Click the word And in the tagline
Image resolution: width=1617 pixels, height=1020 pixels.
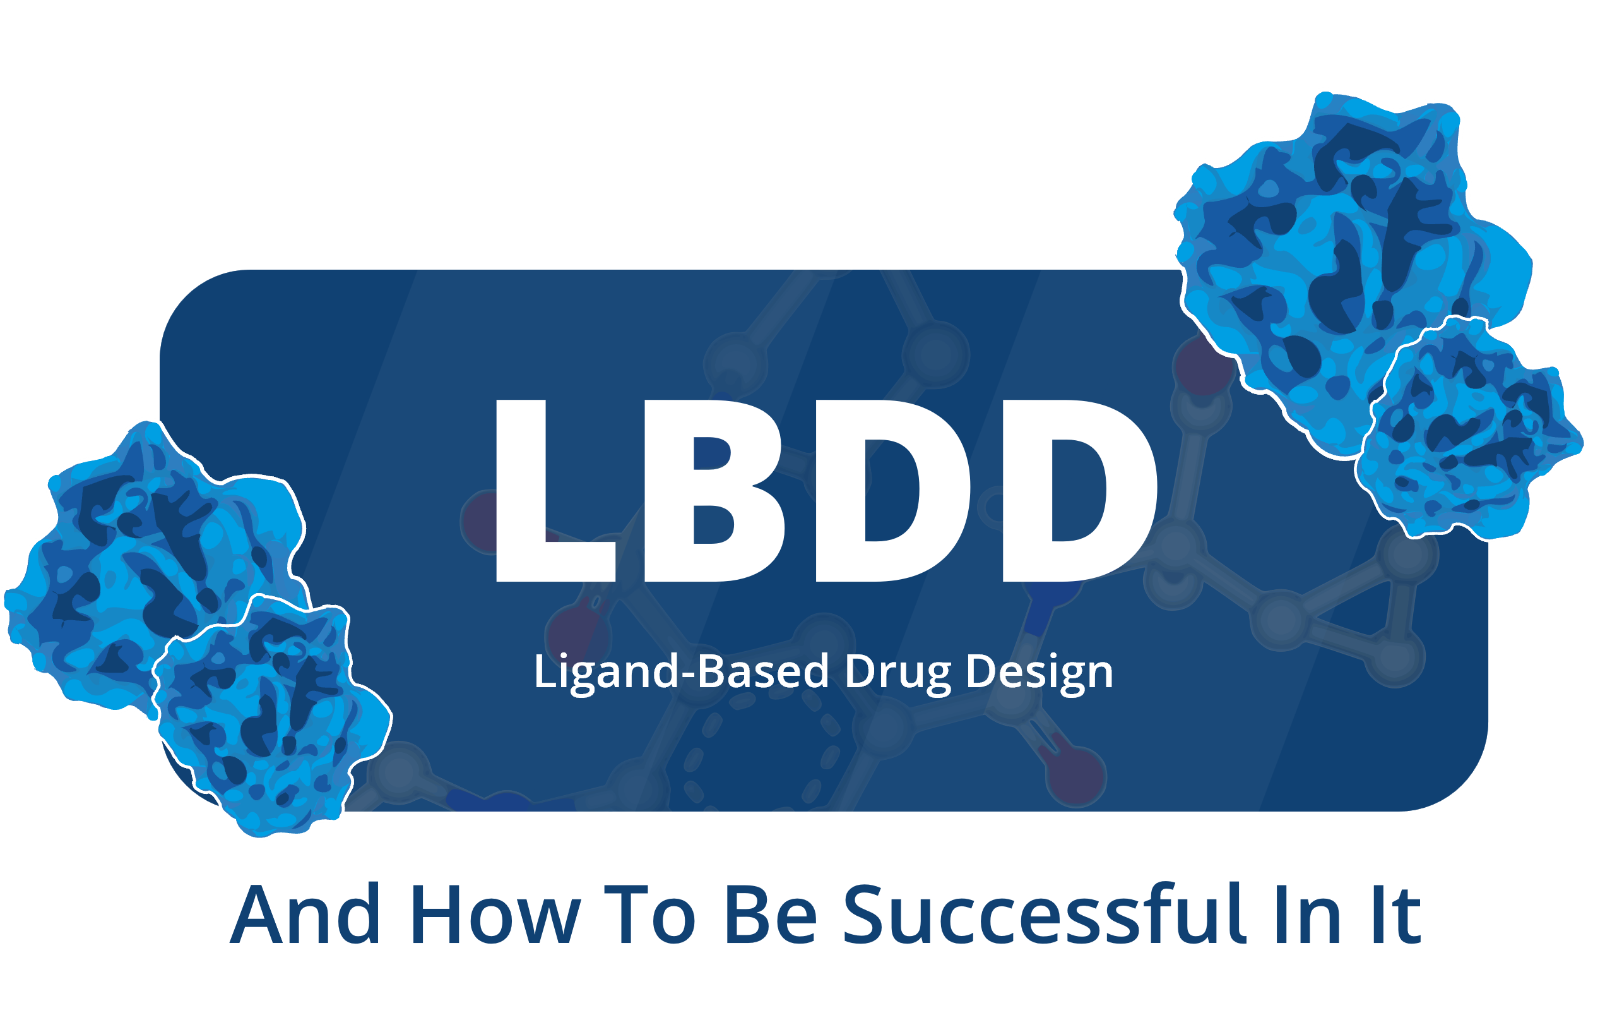305,915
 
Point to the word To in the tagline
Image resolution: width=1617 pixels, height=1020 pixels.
649,915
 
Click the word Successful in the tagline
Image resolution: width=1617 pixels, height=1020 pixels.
1044,915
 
